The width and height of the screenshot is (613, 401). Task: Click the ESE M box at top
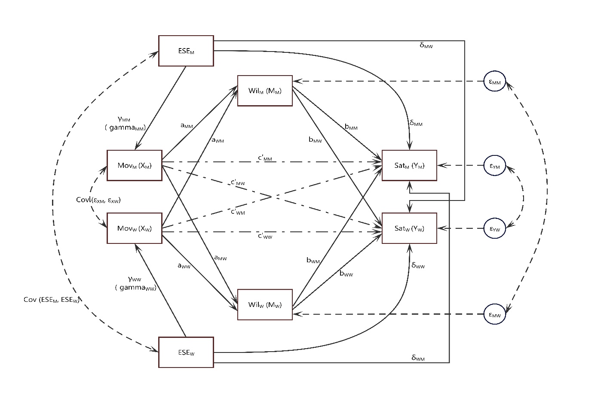[x=186, y=51]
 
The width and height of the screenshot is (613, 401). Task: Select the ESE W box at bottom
[x=186, y=352]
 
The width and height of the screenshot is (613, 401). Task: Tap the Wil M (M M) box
[x=265, y=91]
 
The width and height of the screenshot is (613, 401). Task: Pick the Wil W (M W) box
[x=265, y=305]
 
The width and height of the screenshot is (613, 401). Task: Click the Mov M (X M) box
[x=134, y=165]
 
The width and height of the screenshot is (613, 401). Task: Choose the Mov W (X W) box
[x=134, y=228]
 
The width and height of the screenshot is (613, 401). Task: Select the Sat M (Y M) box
[x=409, y=165]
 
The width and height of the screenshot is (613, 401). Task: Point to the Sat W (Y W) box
[x=409, y=228]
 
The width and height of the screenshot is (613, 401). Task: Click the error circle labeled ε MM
[x=494, y=82]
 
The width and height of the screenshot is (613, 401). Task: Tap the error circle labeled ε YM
[x=494, y=166]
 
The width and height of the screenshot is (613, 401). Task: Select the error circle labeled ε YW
[x=494, y=228]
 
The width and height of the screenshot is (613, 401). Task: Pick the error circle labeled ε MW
[x=494, y=315]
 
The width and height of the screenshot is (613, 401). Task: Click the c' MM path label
[x=265, y=158]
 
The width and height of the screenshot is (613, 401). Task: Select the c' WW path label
[x=265, y=236]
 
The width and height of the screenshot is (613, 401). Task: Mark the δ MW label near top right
[x=426, y=45]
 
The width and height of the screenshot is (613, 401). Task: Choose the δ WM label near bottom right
[x=418, y=358]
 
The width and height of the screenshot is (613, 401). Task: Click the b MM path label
[x=351, y=127]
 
